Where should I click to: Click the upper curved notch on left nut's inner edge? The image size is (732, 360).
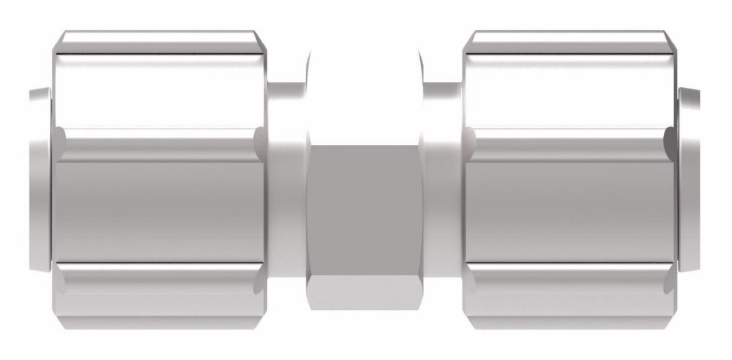(258, 139)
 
